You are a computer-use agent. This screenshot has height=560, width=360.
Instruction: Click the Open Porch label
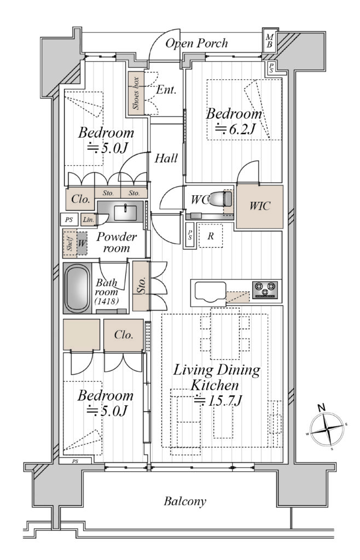tap(196, 43)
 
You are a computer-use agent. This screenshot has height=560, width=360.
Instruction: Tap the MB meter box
tap(270, 40)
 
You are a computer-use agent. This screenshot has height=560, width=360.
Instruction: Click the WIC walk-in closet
tap(260, 206)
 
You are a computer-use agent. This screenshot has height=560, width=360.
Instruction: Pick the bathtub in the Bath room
tap(77, 288)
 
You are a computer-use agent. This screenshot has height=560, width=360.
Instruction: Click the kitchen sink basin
tap(210, 291)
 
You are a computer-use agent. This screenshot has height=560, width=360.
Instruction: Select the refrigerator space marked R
tap(210, 236)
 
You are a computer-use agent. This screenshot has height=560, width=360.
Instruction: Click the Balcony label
tap(185, 501)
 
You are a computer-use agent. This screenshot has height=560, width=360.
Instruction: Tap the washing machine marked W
tap(82, 243)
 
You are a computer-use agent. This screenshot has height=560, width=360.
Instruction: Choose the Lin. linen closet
tap(88, 220)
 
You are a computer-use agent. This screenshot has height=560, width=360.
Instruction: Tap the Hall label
tap(166, 158)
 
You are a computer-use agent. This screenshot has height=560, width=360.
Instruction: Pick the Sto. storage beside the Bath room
tap(141, 286)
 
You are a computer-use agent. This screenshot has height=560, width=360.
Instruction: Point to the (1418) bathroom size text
tap(107, 301)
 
